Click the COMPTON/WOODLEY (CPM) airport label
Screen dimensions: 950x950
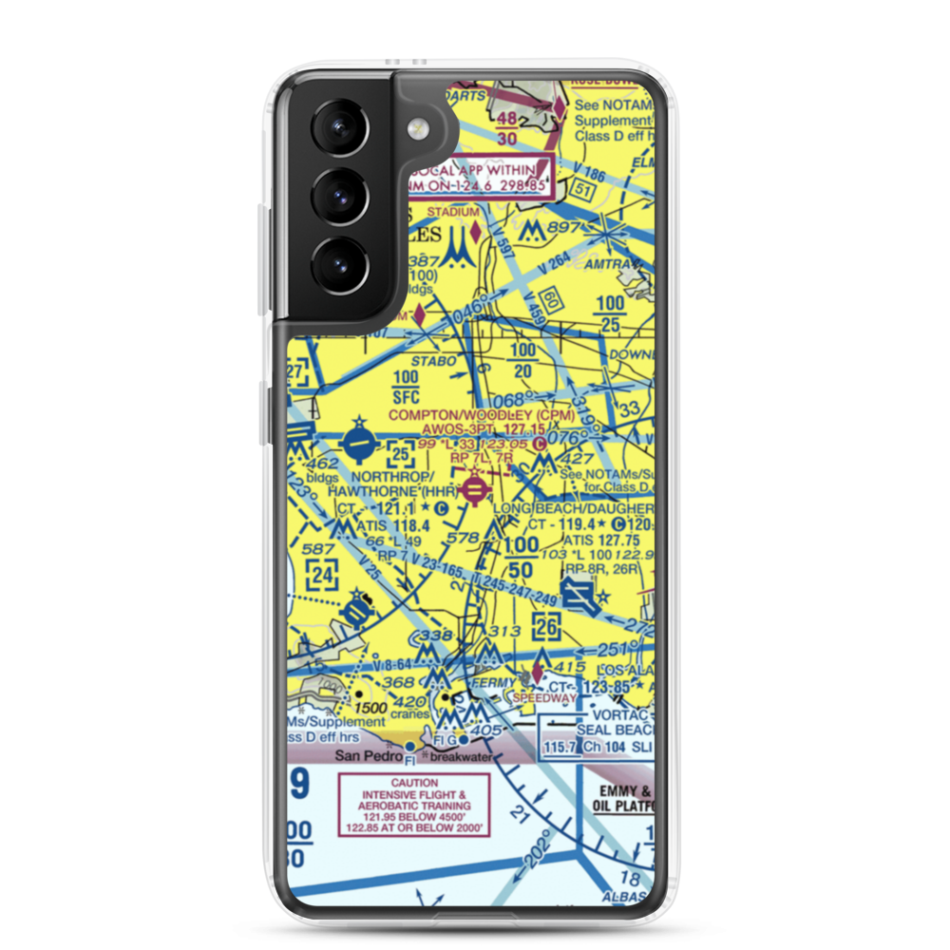[469, 414]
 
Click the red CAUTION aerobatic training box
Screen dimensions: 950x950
[414, 805]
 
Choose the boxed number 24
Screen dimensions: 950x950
[322, 574]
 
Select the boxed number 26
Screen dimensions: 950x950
[546, 626]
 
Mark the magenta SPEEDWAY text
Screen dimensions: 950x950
[544, 698]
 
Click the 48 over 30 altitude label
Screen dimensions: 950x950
[507, 128]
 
